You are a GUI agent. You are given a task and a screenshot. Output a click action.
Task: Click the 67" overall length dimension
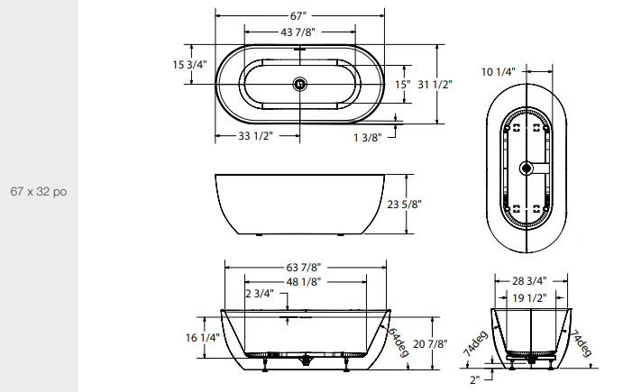click(298, 16)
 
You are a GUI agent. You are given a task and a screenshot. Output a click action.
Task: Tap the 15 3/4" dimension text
click(165, 65)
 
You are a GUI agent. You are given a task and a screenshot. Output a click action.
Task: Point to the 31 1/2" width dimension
click(436, 84)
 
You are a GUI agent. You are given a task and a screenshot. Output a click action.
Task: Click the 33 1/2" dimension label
click(256, 136)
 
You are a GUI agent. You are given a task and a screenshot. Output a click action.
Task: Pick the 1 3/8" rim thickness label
click(368, 136)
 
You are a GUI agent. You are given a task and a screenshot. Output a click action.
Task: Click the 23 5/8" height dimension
click(405, 205)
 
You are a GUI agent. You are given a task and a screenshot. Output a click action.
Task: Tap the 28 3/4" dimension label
click(529, 281)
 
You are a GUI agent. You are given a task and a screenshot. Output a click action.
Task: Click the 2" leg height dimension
click(475, 378)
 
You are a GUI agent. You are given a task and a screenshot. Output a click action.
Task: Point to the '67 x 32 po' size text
click(39, 192)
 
